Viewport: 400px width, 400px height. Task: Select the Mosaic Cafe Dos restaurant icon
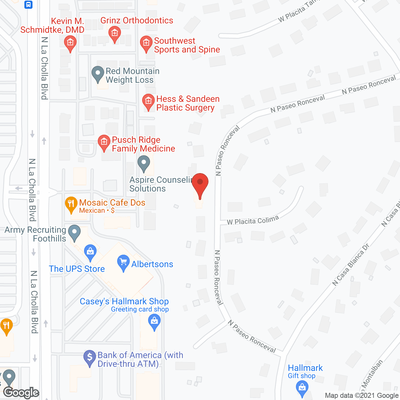pyautogui.click(x=71, y=204)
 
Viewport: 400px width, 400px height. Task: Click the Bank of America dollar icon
pyautogui.click(x=90, y=357)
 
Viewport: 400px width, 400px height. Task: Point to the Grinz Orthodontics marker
pyautogui.click(x=115, y=33)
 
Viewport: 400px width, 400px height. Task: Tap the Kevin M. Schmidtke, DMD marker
pyautogui.click(x=70, y=43)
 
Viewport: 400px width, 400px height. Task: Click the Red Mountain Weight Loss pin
pyautogui.click(x=98, y=74)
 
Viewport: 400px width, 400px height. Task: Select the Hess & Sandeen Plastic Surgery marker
pyautogui.click(x=148, y=101)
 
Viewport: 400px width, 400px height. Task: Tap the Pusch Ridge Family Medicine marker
pyautogui.click(x=104, y=142)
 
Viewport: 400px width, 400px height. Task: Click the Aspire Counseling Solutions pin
pyautogui.click(x=144, y=163)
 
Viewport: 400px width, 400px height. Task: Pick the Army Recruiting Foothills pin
pyautogui.click(x=74, y=232)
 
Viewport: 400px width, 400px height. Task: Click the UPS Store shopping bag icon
pyautogui.click(x=90, y=252)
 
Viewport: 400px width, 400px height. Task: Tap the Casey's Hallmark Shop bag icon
pyautogui.click(x=154, y=321)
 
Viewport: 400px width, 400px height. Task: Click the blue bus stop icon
pyautogui.click(x=28, y=4)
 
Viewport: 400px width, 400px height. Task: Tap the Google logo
pyautogui.click(x=21, y=392)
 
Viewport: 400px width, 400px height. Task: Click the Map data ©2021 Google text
pyautogui.click(x=362, y=395)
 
